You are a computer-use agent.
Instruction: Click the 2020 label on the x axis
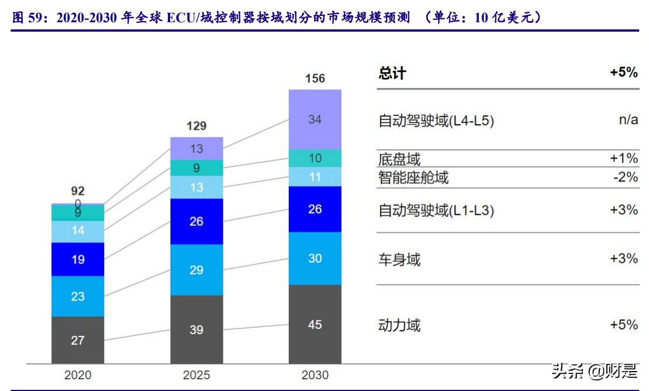click(78, 375)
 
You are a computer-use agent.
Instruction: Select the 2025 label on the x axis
click(196, 375)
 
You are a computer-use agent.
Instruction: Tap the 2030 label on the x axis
click(315, 375)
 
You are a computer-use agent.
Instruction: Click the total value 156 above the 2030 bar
click(315, 78)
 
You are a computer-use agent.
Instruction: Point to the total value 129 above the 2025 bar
click(196, 126)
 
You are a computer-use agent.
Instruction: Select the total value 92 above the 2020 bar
click(78, 191)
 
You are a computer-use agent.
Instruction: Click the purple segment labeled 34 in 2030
click(315, 119)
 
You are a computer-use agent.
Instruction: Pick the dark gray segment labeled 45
click(315, 324)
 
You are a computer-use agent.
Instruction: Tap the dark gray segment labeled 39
click(196, 330)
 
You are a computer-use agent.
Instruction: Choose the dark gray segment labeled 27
click(78, 340)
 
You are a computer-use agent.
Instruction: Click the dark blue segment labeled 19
click(78, 259)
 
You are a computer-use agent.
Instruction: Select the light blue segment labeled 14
click(78, 231)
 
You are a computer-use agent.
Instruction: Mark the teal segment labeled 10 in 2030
click(315, 158)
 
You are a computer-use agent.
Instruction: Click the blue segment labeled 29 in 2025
click(196, 270)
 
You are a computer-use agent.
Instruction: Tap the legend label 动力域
click(399, 325)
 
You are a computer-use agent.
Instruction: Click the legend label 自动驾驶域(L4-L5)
click(436, 121)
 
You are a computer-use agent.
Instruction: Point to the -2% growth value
click(625, 177)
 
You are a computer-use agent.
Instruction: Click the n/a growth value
click(628, 121)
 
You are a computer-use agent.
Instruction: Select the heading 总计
click(392, 73)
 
